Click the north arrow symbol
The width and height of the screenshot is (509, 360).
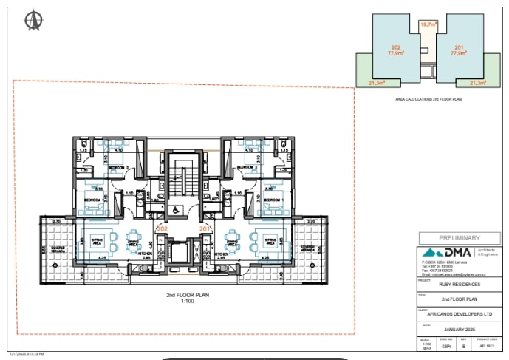(33, 21)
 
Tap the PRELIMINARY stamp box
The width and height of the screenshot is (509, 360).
(460, 238)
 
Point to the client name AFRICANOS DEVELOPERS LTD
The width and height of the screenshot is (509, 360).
(460, 313)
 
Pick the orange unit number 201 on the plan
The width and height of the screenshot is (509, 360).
(205, 230)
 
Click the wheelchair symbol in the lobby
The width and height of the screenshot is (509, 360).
(175, 210)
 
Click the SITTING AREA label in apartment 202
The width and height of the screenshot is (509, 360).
(96, 242)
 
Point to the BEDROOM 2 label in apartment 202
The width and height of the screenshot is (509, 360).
(117, 169)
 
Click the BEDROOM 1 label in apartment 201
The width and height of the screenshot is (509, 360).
(273, 200)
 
